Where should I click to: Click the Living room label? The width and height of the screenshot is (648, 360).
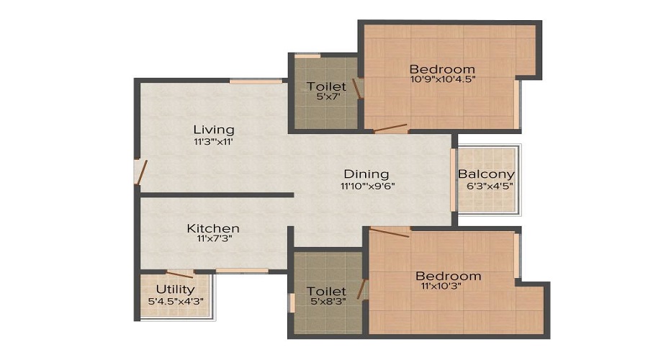214,130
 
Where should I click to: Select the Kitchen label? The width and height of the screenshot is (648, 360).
213,228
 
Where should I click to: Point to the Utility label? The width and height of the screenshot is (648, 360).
175,289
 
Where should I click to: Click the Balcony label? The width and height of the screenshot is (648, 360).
486,174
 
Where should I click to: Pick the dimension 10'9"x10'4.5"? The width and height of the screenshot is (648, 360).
442,79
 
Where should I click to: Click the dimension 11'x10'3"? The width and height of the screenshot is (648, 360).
441,286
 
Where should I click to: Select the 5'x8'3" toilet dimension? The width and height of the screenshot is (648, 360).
328,301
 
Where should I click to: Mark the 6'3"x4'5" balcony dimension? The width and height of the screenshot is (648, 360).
490,186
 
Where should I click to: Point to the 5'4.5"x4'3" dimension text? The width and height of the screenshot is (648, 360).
176,301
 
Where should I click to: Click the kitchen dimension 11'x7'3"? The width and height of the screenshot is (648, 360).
215,238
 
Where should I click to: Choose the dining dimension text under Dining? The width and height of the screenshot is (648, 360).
368,186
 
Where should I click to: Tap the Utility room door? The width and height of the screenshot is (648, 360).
180,274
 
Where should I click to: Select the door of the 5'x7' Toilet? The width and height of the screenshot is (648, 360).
357,89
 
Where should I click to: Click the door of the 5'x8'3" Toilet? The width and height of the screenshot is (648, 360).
362,289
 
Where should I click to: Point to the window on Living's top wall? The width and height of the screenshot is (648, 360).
256,81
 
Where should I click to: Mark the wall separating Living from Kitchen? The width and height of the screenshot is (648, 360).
217,194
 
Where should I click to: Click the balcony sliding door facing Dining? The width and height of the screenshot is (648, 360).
453,180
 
